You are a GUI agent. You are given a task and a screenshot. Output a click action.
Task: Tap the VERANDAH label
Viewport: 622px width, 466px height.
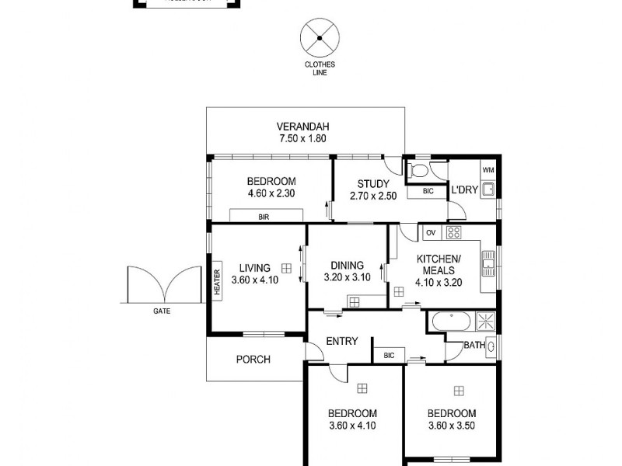point(303,127)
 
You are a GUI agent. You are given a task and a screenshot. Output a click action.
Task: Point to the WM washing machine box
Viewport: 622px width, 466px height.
point(488,170)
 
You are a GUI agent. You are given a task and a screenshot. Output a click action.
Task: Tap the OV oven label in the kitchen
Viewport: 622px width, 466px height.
point(430,232)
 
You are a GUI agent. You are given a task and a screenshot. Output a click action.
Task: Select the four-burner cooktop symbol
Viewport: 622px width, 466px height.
point(453,232)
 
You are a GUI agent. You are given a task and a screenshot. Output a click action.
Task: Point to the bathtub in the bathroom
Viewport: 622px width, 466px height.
point(449,321)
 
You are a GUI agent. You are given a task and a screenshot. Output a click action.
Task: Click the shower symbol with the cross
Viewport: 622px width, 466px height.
point(485,321)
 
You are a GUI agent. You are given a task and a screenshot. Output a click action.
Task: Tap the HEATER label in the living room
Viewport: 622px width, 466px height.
point(217,280)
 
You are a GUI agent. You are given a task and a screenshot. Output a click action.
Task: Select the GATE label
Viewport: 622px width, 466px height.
point(162,311)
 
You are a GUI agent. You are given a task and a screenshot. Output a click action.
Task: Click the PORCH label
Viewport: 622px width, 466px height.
point(253,359)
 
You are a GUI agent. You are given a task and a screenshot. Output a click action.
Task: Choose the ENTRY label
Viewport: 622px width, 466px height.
point(341,341)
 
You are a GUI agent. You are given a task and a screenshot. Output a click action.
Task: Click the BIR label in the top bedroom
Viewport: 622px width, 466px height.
point(264,217)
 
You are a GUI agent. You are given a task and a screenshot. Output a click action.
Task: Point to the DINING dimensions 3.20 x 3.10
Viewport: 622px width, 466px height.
point(347,277)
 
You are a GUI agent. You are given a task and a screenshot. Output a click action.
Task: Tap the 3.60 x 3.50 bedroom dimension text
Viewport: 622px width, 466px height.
point(450,426)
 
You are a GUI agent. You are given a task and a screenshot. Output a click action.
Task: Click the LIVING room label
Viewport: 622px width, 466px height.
point(254,268)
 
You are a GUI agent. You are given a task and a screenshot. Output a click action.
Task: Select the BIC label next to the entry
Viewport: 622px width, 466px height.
point(390,355)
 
